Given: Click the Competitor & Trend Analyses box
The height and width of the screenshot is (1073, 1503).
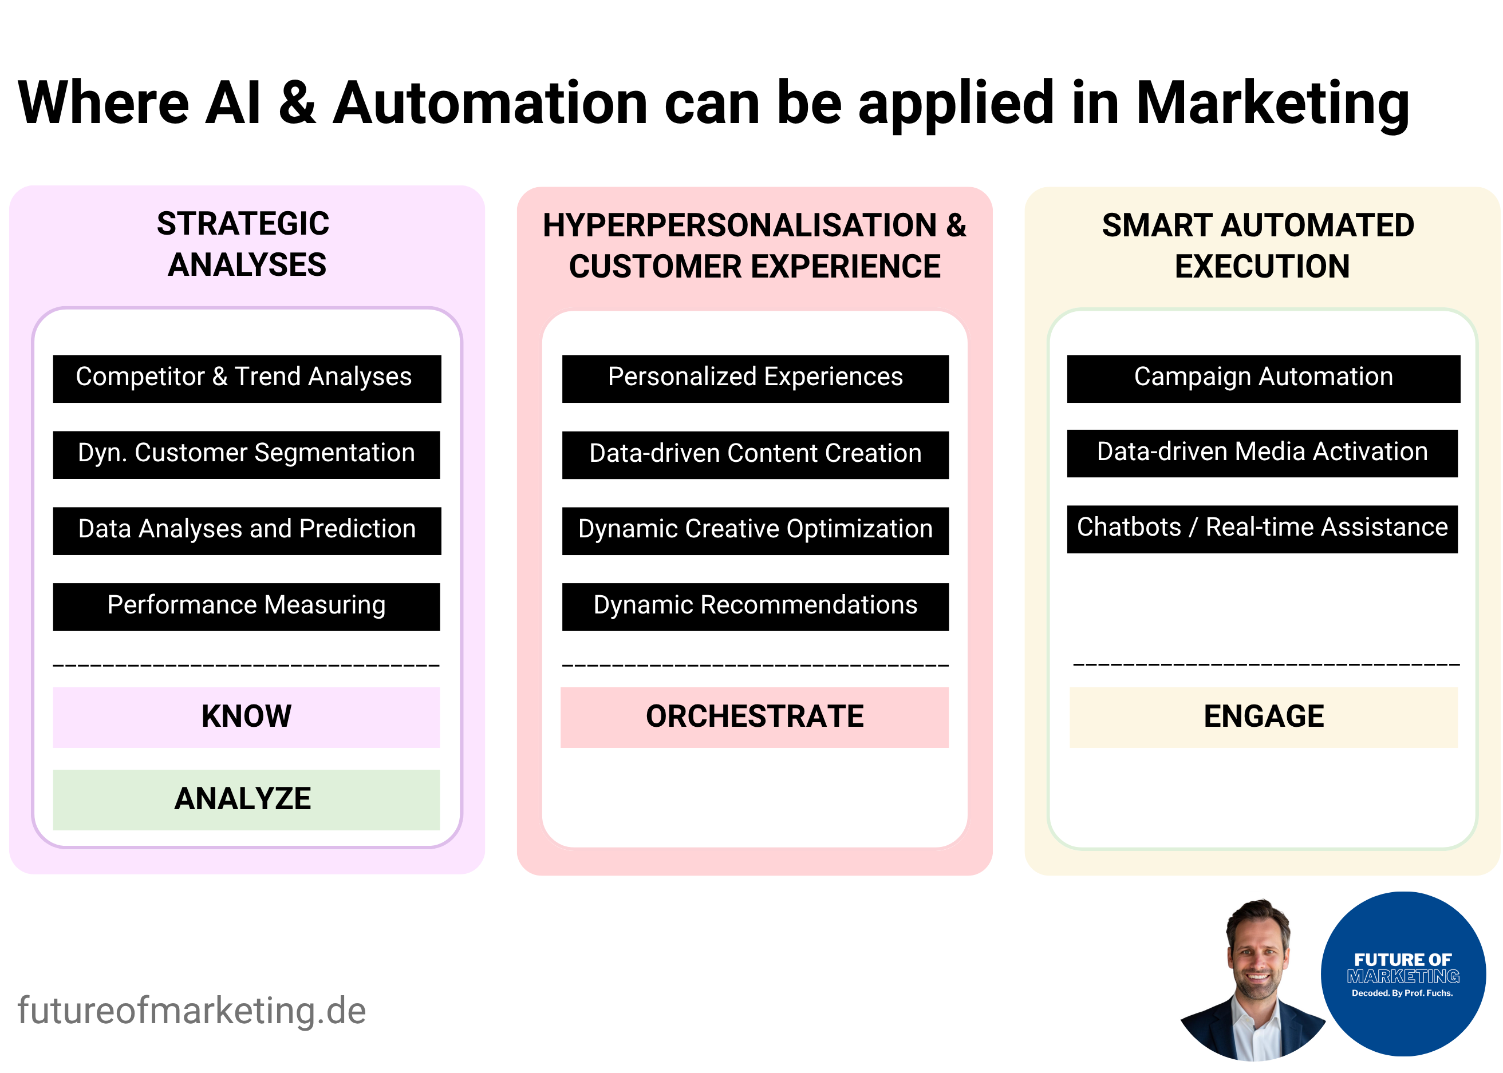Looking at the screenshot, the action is (x=247, y=379).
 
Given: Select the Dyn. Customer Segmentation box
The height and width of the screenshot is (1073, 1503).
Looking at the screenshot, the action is (x=247, y=454).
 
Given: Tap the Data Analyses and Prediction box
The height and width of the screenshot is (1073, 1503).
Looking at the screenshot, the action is (x=247, y=530).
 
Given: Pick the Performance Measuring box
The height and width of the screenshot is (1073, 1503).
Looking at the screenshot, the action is (x=247, y=607).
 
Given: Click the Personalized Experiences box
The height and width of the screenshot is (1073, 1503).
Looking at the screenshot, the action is (x=755, y=379).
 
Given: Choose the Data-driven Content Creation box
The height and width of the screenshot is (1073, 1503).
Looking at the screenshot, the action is (x=755, y=454).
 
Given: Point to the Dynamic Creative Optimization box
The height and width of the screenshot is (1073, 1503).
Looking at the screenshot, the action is (x=755, y=530).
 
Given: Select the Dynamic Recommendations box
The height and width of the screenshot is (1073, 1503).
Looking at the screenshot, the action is (x=755, y=607).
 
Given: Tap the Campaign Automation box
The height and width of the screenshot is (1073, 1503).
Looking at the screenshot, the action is (x=1263, y=379).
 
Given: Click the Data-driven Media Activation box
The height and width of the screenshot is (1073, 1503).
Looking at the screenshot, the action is (x=1262, y=453).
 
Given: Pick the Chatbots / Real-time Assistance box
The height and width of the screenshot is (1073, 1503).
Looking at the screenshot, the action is (x=1262, y=529).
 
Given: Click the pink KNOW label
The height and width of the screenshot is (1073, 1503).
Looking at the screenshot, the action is (x=247, y=717).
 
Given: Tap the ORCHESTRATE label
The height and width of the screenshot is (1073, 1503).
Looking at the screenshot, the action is (x=754, y=717).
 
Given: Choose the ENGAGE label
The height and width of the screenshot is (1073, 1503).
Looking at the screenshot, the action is (x=1263, y=717).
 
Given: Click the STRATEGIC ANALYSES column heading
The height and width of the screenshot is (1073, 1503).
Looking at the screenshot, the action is (x=244, y=244).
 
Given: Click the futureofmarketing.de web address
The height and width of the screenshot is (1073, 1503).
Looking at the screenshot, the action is (x=192, y=1011).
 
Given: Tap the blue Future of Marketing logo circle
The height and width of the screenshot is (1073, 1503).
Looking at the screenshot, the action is (x=1403, y=975).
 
